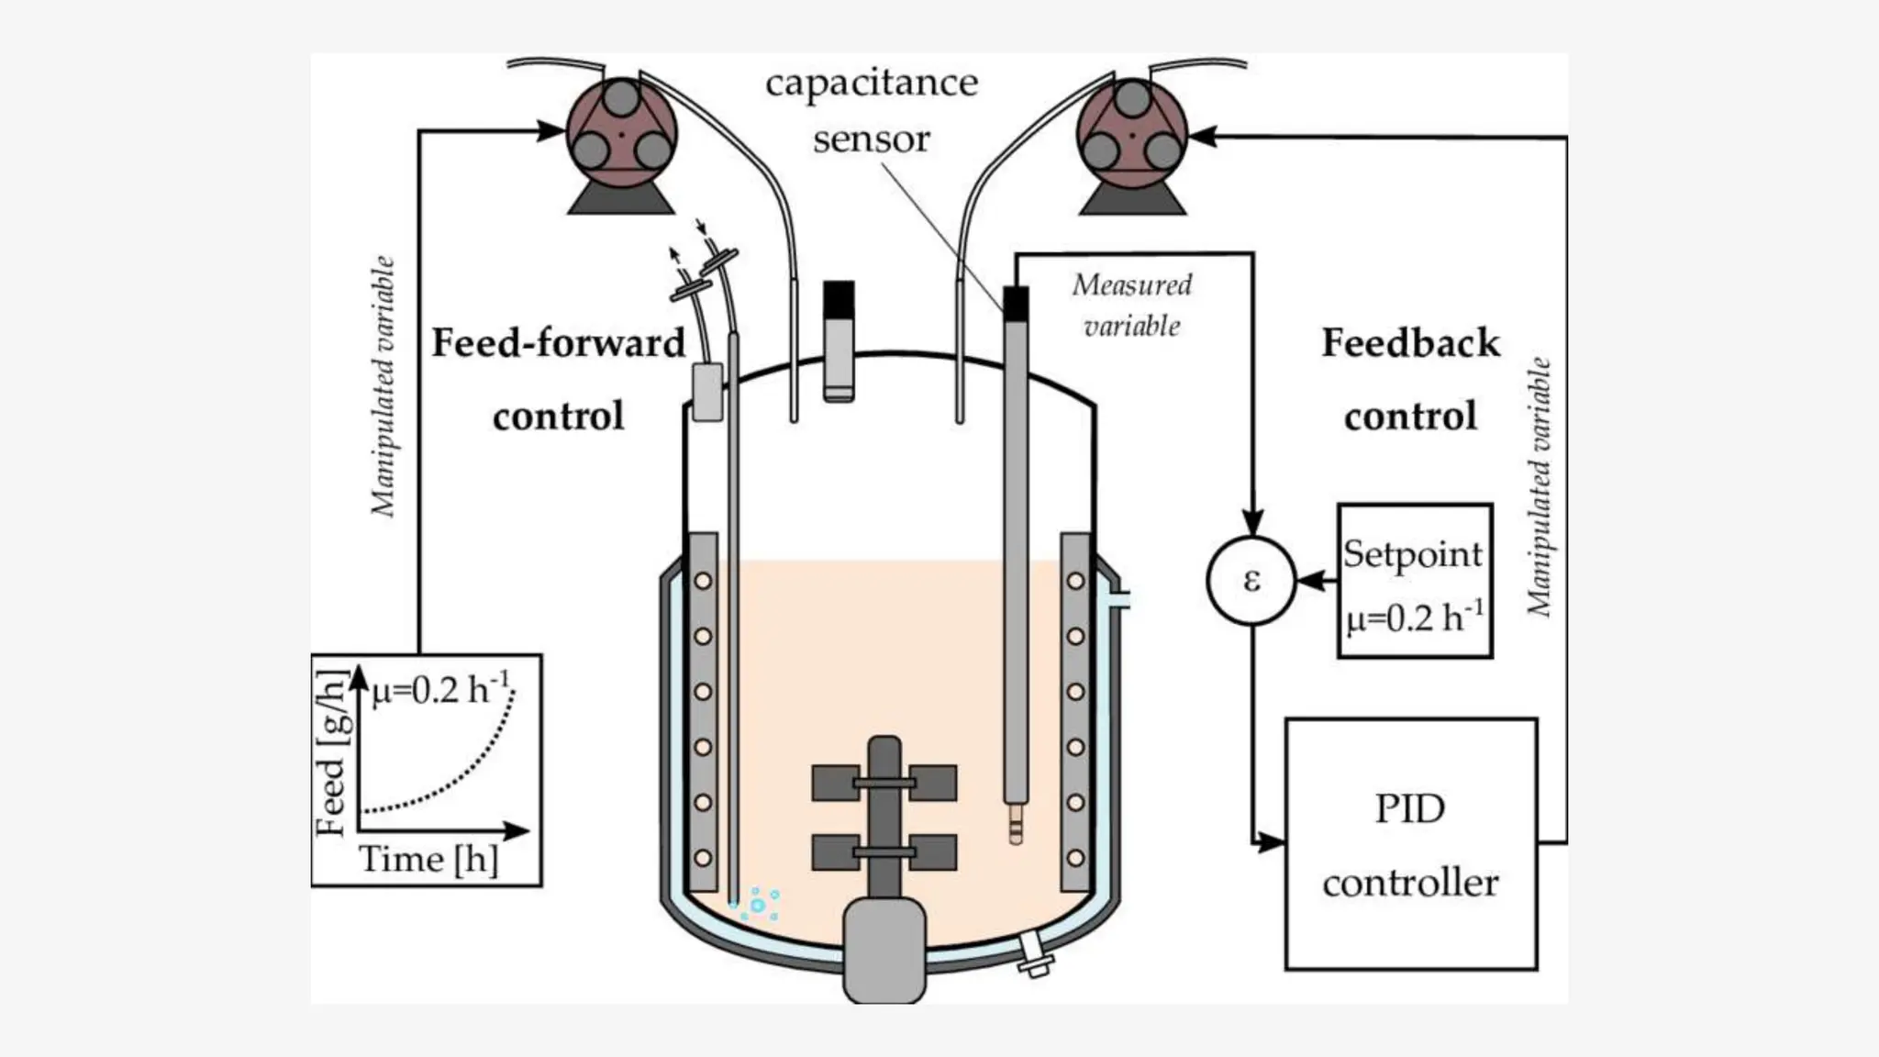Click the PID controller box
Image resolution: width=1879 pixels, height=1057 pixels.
(1410, 844)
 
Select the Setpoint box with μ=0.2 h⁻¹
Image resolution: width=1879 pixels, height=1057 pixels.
(1415, 581)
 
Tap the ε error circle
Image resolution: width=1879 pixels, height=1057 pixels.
(1251, 581)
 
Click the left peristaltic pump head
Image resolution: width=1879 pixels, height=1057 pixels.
(621, 133)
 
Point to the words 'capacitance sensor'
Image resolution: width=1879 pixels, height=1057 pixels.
(872, 110)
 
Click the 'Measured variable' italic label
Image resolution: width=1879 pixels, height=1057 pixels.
(1132, 305)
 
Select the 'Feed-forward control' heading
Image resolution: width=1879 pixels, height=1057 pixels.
(558, 379)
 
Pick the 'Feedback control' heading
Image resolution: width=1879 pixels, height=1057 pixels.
(1410, 379)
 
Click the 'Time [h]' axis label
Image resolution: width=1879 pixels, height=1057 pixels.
(428, 860)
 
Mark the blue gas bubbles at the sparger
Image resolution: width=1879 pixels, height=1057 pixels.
(758, 905)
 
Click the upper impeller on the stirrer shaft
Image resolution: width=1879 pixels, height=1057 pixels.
(884, 783)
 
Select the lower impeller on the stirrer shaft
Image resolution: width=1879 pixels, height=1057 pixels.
(884, 852)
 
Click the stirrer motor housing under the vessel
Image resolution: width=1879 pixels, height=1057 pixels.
(884, 950)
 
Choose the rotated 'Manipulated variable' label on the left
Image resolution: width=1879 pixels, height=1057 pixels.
(383, 385)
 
